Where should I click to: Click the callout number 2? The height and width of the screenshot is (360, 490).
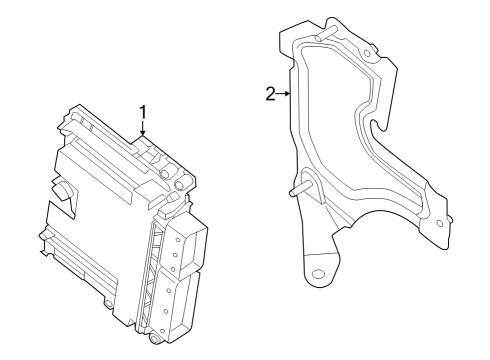click(x=270, y=94)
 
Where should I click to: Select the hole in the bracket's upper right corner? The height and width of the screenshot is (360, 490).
click(x=369, y=52)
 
